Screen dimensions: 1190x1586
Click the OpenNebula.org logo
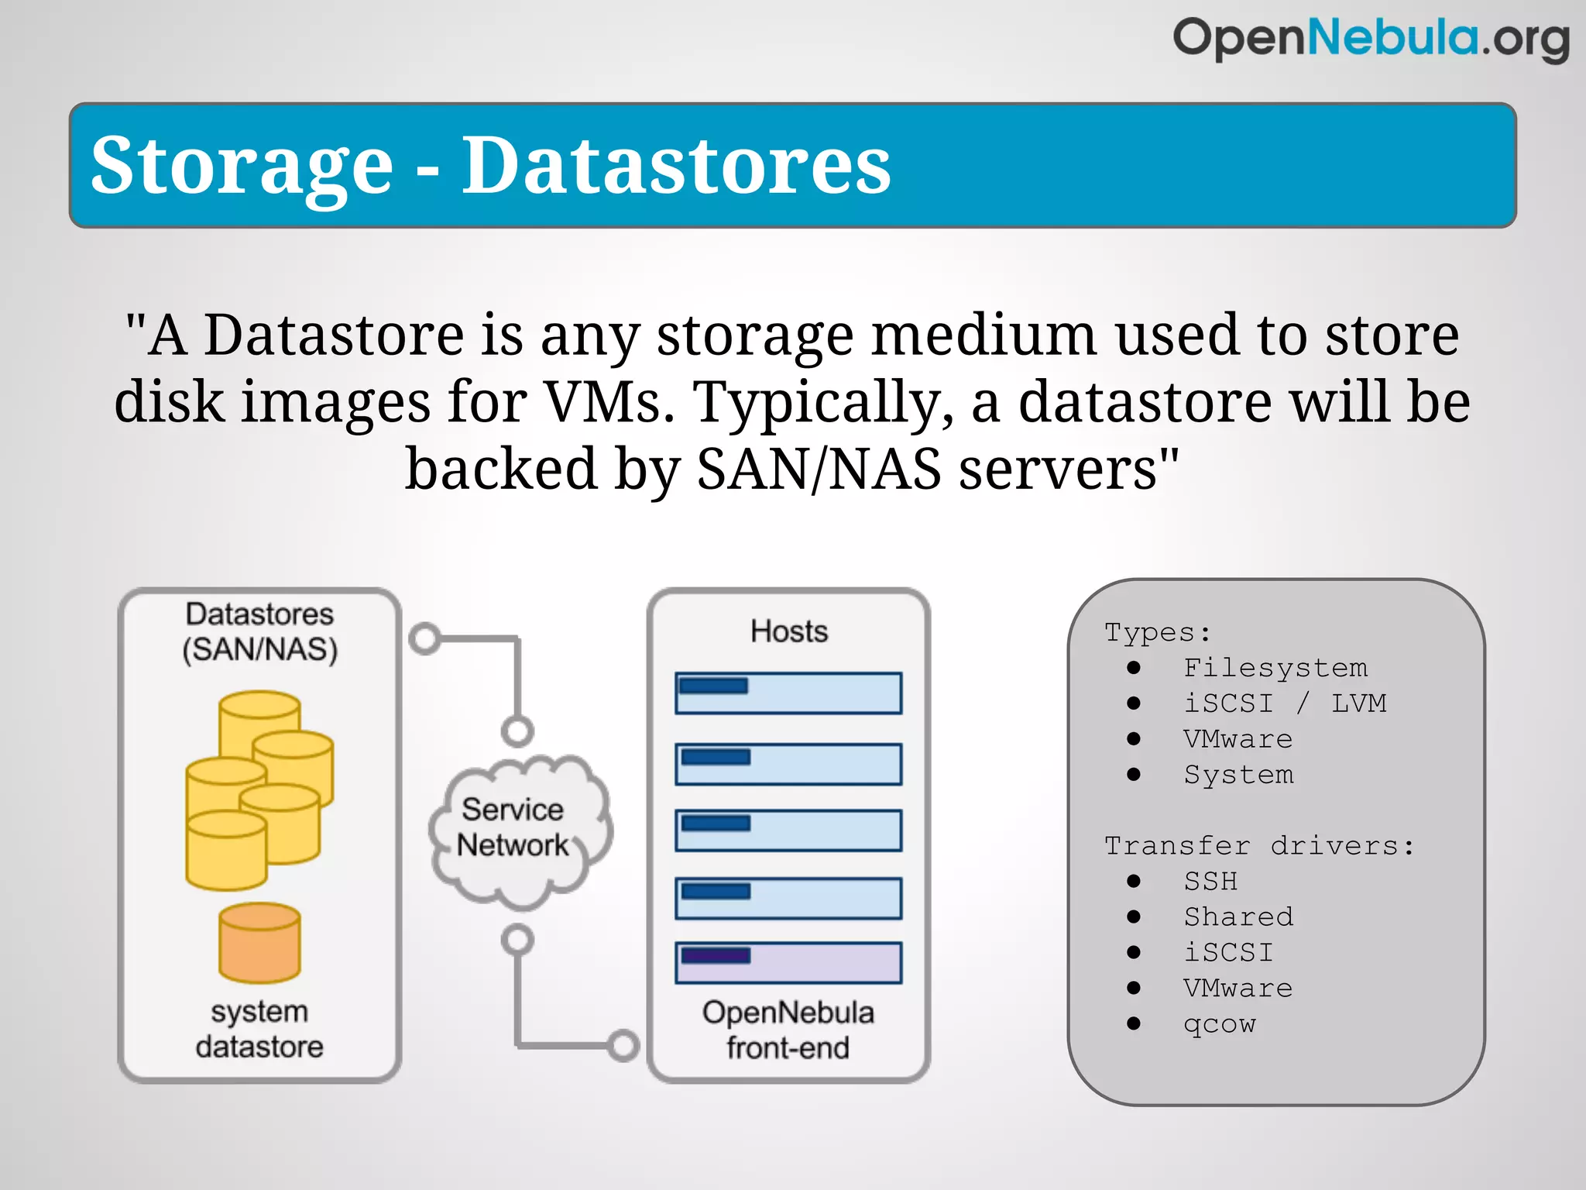pos(1371,39)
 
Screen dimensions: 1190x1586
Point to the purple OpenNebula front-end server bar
pos(788,963)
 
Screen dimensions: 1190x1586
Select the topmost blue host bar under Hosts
pos(788,693)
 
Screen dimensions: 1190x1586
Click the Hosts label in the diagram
pos(789,631)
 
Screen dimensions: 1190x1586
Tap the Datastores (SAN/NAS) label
pos(259,631)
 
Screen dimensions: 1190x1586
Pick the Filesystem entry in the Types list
pos(1275,668)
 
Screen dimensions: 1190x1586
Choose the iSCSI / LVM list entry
pos(1285,703)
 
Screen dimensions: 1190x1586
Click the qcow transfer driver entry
pos(1220,1023)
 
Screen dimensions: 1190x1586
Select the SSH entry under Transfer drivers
pos(1210,881)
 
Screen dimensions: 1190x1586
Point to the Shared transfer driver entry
pos(1238,917)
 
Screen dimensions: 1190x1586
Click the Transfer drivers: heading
pos(1259,845)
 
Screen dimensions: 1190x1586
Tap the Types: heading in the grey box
pos(1158,632)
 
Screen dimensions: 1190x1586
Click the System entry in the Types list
pos(1238,775)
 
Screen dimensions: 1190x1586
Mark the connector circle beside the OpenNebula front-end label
pos(623,1045)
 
